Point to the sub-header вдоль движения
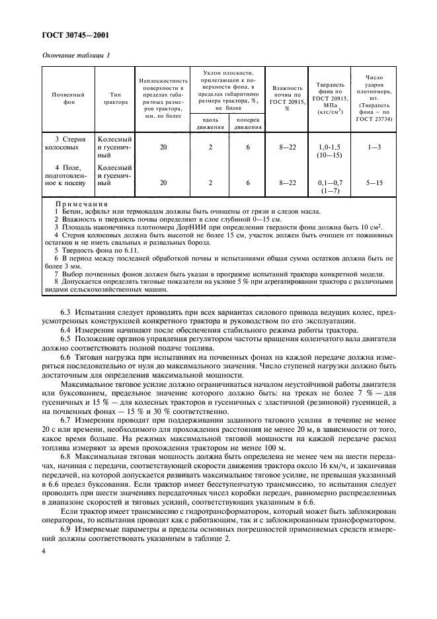pos(210,123)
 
